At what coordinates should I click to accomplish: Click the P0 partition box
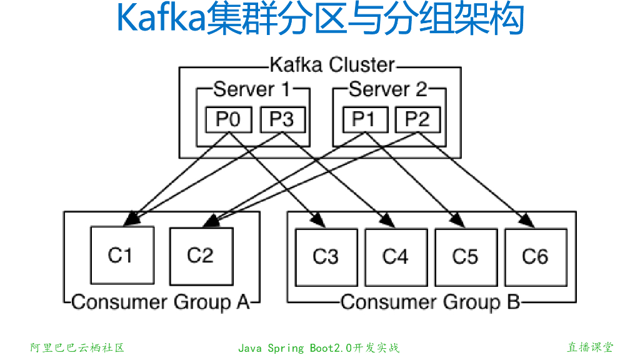[229, 119]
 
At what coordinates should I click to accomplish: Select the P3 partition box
[282, 119]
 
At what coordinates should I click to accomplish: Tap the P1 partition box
[364, 119]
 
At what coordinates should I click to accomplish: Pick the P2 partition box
[417, 119]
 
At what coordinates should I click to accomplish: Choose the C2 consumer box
[201, 255]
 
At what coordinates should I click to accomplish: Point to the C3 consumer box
[326, 256]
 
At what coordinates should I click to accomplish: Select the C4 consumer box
[396, 256]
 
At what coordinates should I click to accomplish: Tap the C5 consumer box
[466, 256]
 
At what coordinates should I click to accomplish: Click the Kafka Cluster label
[332, 65]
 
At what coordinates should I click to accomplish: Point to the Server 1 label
[252, 89]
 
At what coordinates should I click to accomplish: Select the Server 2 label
[388, 89]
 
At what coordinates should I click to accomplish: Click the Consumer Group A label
[161, 302]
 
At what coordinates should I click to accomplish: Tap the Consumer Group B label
[430, 302]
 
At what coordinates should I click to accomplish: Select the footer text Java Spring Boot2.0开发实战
[319, 347]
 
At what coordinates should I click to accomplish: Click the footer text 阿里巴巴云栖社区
[77, 347]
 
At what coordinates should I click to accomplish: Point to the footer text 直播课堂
[589, 347]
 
